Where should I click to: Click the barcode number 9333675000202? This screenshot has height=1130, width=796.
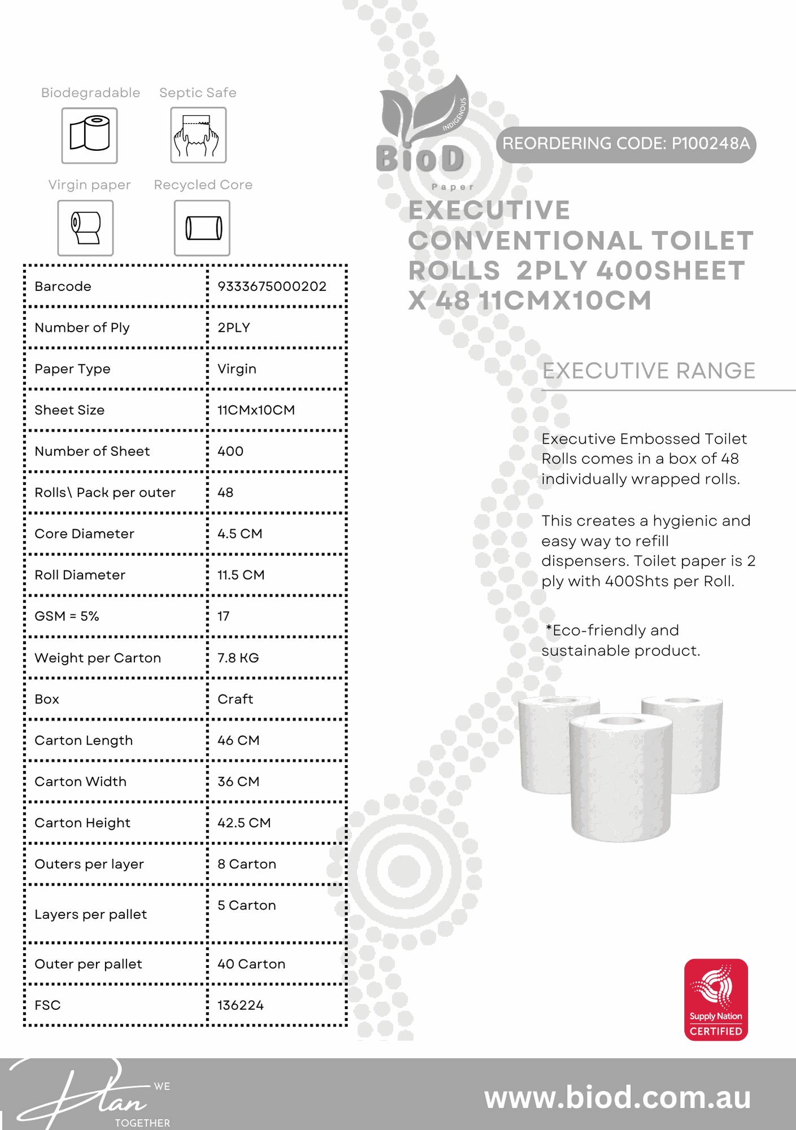(x=272, y=286)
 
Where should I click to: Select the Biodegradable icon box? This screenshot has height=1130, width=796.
(x=89, y=136)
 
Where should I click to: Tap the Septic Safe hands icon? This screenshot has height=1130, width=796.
(x=198, y=136)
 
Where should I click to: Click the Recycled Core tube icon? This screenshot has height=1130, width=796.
(x=202, y=228)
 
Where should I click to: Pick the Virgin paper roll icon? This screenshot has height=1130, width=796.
(x=85, y=228)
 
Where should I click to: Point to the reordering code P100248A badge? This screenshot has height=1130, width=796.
(x=626, y=144)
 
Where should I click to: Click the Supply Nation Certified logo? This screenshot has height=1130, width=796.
(x=716, y=999)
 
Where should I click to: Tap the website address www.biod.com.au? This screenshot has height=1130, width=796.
(x=617, y=1097)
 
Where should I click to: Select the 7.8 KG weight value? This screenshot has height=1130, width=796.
(x=238, y=658)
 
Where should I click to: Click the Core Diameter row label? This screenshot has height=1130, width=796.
(x=84, y=534)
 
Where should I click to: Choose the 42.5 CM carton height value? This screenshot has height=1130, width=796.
(x=244, y=823)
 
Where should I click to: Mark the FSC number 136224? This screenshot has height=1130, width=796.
(x=241, y=1005)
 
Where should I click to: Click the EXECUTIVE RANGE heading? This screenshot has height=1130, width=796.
(x=649, y=371)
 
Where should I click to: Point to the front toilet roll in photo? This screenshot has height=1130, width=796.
(x=620, y=777)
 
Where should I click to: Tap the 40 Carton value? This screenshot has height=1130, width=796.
(x=251, y=964)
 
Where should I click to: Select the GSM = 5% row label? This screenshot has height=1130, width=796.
(x=67, y=616)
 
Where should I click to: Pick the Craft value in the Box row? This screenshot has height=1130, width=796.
(x=235, y=699)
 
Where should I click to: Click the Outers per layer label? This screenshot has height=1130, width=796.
(x=89, y=864)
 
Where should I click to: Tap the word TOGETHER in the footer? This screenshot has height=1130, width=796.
(x=142, y=1123)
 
